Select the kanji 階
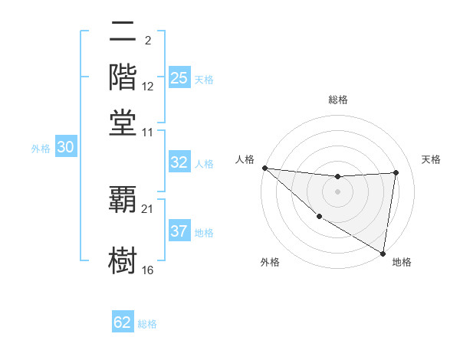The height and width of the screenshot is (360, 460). pos(123,78)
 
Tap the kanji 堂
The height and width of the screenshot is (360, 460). pos(123,123)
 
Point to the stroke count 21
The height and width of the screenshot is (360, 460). pos(148,208)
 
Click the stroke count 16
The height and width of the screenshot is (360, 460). pos(148,270)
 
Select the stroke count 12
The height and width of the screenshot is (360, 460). pos(148,87)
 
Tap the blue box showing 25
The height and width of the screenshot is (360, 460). pos(179,78)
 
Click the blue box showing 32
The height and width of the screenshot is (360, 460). pos(179,162)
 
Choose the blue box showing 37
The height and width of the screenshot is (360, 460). pos(179,231)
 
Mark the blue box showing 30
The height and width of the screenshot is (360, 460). pos(65,149)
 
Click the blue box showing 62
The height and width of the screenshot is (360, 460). pos(123,322)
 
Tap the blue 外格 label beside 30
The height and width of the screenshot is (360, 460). pos(41,149)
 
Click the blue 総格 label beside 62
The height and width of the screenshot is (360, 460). pos(147,324)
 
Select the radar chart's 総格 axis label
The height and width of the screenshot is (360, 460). pos(337,100)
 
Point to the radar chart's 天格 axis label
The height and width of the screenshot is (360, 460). pos(431,159)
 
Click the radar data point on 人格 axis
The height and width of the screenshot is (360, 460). pos(264,168)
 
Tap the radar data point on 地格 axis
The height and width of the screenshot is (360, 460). pos(383,253)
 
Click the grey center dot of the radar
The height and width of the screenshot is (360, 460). pos(337,191)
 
